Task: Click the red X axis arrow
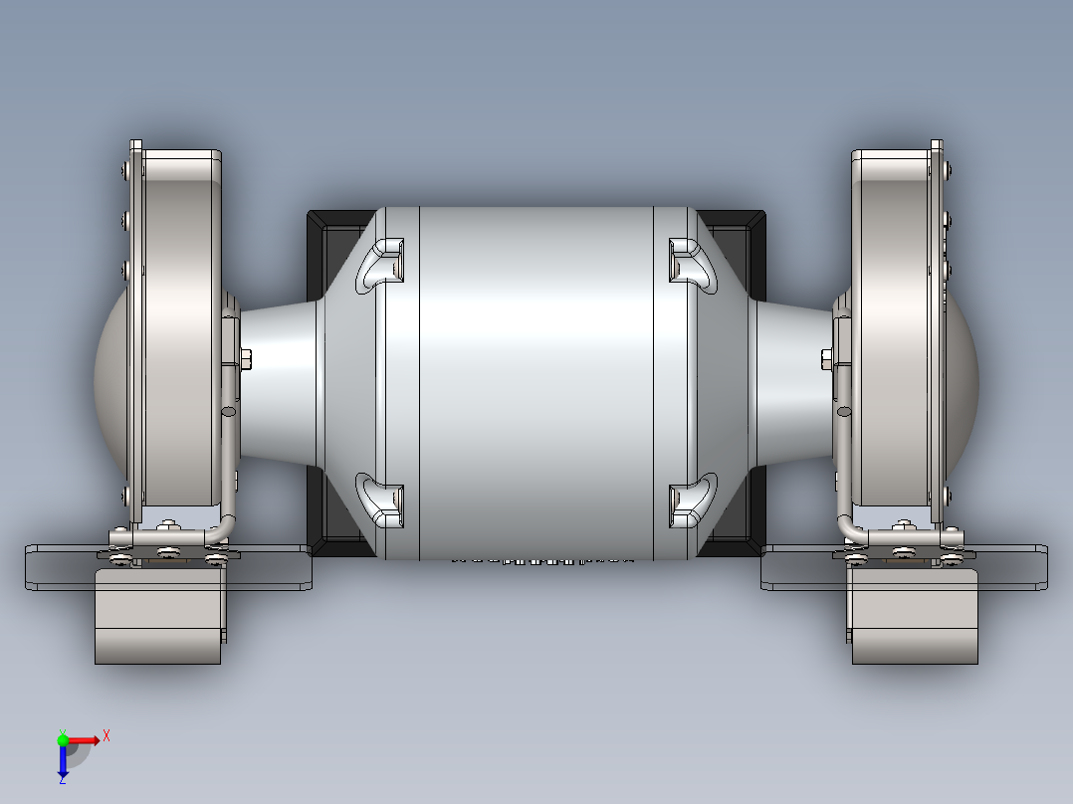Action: tap(88, 739)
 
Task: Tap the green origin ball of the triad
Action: tap(63, 739)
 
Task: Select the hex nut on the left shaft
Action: tap(245, 358)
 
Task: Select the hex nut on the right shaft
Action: tap(827, 358)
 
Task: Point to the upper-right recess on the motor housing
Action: tap(692, 264)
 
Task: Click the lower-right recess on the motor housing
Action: tap(692, 499)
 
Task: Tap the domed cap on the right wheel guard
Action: tap(964, 378)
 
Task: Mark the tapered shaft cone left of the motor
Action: tap(279, 383)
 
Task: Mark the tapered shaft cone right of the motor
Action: tap(793, 383)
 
